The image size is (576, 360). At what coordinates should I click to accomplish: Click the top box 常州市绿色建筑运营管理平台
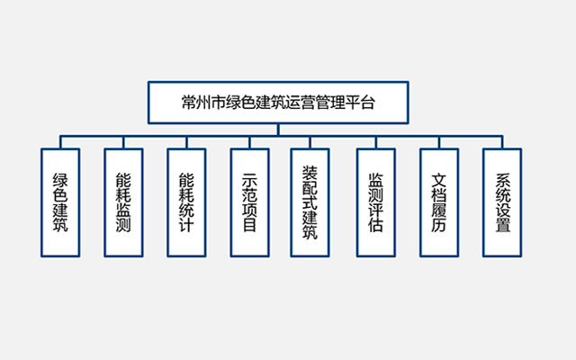[x=277, y=102]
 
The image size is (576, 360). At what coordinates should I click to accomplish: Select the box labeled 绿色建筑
[x=60, y=201]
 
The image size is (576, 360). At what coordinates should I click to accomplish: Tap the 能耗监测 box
[x=123, y=201]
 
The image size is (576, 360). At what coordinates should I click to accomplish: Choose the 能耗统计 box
[x=186, y=201]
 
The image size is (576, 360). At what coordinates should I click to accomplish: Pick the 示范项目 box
[x=249, y=201]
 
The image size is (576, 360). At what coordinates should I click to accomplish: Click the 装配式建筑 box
[x=310, y=201]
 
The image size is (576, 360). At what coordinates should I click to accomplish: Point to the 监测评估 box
[x=375, y=201]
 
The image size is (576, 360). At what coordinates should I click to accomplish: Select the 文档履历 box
[x=438, y=201]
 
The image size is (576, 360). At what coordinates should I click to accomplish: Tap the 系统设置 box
[x=502, y=201]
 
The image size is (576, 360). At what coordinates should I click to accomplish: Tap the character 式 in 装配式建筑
[x=310, y=201]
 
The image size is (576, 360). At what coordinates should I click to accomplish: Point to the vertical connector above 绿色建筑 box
[x=60, y=141]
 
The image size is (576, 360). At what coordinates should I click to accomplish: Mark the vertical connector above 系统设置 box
[x=502, y=141]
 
